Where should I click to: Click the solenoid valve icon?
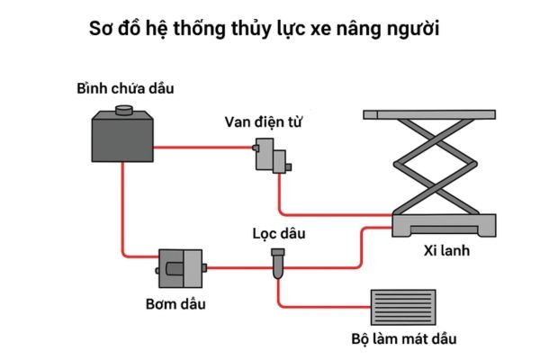(x=271, y=156)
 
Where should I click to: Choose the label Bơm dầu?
(x=175, y=303)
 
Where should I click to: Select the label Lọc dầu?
(x=279, y=235)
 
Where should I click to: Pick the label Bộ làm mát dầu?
(x=404, y=340)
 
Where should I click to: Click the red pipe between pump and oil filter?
(x=238, y=267)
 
